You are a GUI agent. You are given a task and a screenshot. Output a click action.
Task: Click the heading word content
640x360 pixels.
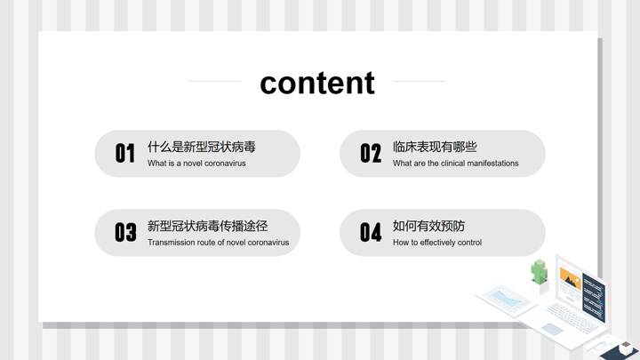tap(317, 83)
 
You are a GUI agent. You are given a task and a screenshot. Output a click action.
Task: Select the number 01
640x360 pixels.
tap(125, 154)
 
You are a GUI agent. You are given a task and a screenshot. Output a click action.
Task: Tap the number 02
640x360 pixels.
tap(371, 154)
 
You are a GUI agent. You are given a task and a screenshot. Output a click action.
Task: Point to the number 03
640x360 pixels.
tap(125, 232)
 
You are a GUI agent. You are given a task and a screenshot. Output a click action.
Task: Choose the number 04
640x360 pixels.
tap(371, 232)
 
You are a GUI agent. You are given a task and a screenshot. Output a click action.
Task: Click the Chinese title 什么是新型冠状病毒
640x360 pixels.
tap(202, 147)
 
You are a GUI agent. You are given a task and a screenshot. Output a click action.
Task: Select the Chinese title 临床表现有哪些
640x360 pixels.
tap(435, 147)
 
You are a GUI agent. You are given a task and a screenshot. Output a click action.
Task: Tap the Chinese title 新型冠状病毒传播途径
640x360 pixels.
tap(207, 226)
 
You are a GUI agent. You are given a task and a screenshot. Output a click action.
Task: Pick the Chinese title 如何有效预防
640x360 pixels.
tap(428, 226)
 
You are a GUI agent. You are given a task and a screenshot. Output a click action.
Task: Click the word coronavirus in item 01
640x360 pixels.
tap(225, 164)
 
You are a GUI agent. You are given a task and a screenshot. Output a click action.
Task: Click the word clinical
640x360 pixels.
tap(452, 164)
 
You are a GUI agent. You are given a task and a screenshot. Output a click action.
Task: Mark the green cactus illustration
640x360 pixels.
tap(540, 272)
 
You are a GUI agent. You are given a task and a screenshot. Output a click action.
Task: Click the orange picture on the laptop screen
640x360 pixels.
tap(570, 279)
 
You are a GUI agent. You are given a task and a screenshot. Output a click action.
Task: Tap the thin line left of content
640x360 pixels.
tap(214, 81)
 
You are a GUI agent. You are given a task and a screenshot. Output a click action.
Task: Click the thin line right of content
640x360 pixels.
tap(420, 81)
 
